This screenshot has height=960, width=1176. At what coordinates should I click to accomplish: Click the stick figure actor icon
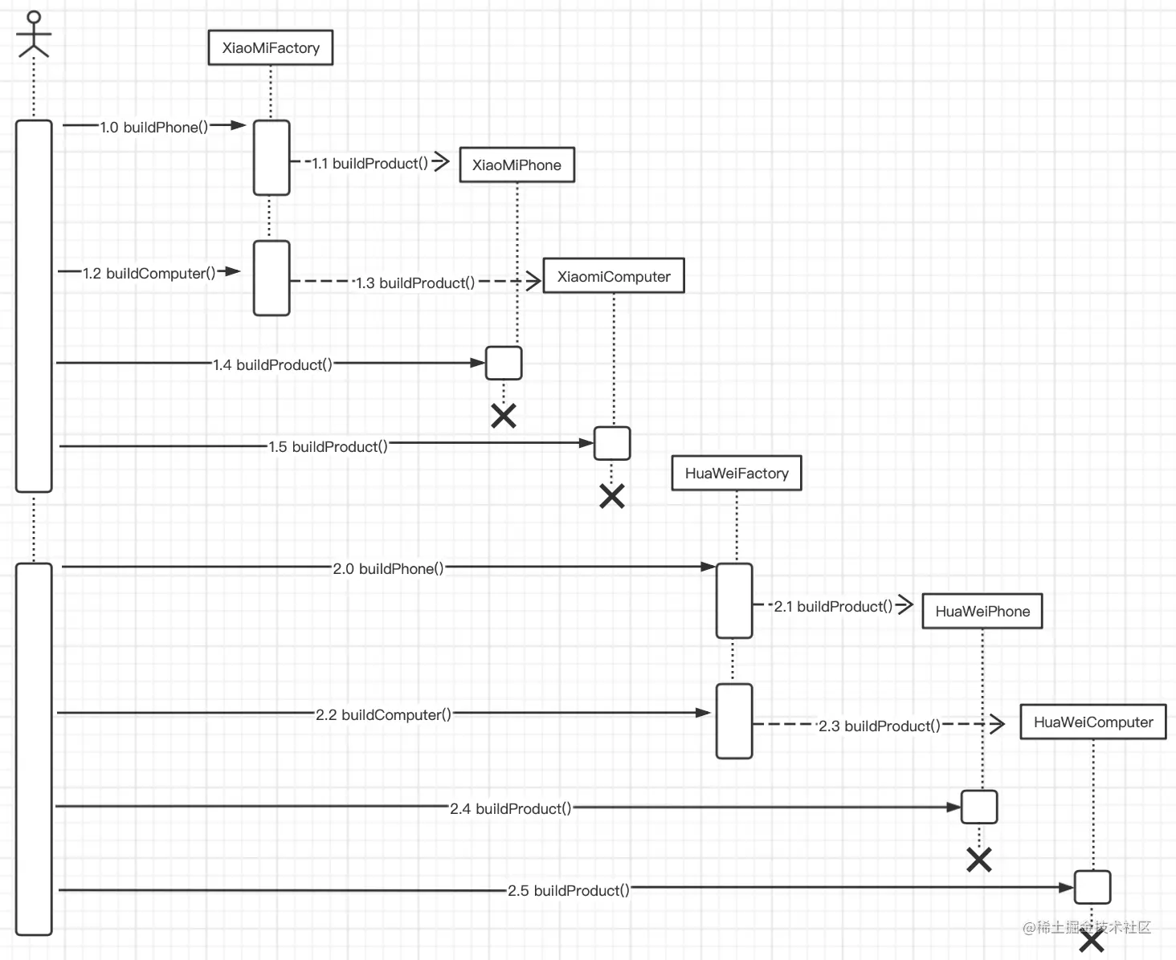click(34, 35)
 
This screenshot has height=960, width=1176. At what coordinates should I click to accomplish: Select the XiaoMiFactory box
click(271, 48)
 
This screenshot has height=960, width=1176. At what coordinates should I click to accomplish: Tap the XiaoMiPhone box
click(517, 165)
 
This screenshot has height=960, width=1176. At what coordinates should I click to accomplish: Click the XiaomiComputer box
click(614, 276)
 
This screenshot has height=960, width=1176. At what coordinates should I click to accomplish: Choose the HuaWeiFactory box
click(737, 474)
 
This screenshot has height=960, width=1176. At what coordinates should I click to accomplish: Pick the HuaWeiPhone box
click(982, 612)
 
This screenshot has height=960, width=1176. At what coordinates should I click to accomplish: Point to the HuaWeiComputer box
click(1092, 722)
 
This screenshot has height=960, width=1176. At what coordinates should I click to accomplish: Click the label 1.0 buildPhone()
click(154, 128)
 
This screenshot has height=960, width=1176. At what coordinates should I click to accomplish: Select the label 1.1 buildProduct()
click(370, 164)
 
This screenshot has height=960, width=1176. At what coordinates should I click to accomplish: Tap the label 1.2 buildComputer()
click(149, 274)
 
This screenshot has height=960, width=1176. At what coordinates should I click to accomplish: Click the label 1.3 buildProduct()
click(415, 283)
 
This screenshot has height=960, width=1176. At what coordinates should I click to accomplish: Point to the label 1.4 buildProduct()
click(272, 365)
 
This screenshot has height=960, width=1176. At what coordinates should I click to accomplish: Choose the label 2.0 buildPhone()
click(389, 569)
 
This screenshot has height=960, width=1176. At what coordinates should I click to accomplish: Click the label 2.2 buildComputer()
click(383, 715)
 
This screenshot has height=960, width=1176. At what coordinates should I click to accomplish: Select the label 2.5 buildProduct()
click(569, 891)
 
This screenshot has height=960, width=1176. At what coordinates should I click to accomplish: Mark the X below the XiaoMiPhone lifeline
click(504, 416)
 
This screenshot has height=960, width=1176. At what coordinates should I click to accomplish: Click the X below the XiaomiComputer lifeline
click(612, 496)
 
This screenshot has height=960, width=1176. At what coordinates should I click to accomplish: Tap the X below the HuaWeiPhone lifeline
click(979, 860)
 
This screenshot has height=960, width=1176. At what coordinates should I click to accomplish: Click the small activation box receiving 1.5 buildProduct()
click(612, 444)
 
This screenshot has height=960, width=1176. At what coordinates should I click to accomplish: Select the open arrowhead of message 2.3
click(996, 724)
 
